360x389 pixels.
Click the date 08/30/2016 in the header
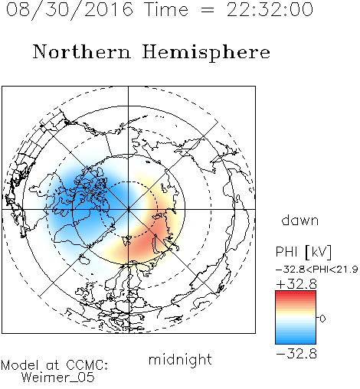[70, 10]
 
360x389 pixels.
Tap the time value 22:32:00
[270, 9]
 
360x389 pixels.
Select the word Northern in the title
[82, 51]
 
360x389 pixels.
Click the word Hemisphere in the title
[206, 53]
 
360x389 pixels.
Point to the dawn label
[300, 220]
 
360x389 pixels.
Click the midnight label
[180, 359]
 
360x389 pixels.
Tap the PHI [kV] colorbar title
[303, 252]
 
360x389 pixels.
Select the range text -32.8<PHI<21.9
[317, 269]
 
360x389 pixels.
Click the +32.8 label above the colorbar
[296, 284]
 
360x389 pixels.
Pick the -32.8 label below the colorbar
[296, 354]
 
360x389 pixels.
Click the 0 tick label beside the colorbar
[322, 319]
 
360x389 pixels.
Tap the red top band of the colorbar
[296, 293]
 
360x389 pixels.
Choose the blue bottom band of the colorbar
[296, 341]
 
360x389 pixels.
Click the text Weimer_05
[58, 378]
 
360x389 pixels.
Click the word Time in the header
[166, 9]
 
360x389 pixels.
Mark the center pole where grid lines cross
[129, 209]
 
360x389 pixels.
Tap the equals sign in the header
[207, 11]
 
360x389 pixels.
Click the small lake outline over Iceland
[84, 260]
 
